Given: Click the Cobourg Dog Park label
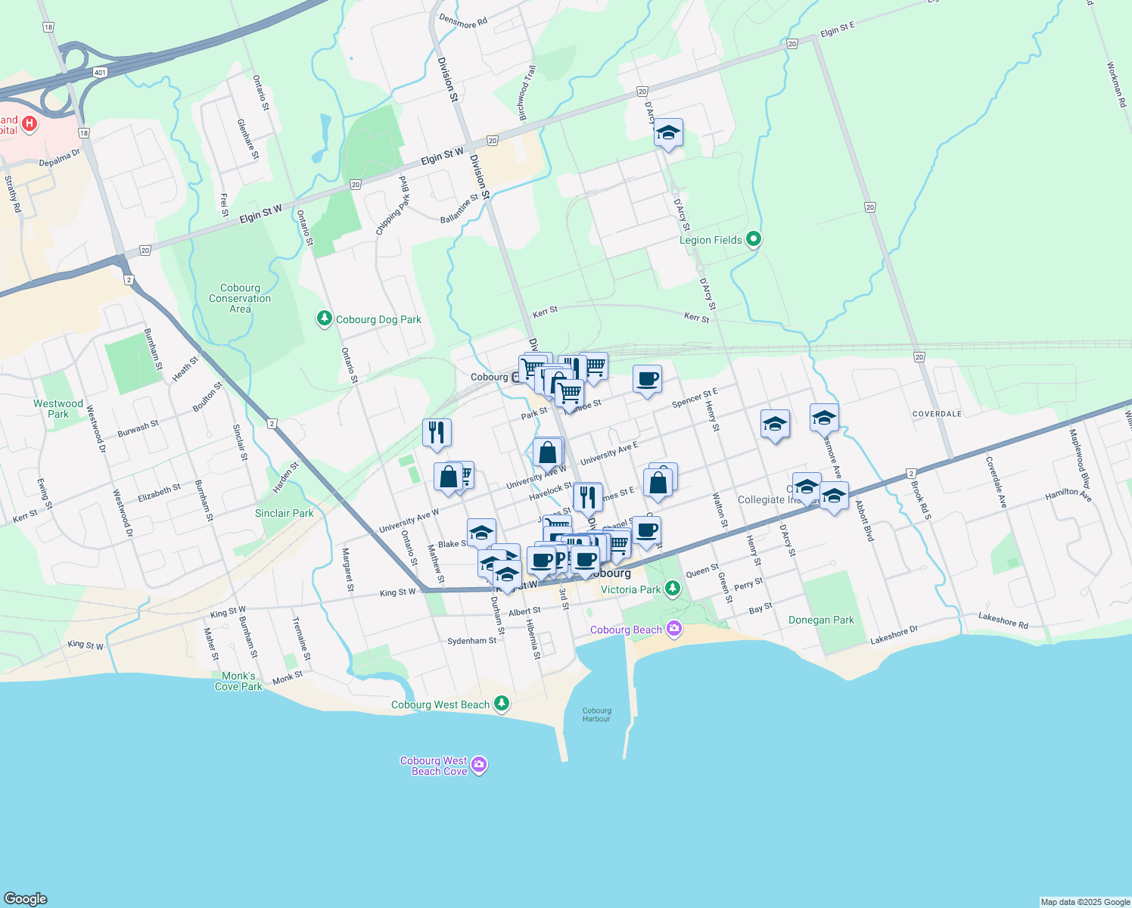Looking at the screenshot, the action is tap(378, 320).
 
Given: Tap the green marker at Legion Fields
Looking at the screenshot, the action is tap(753, 240).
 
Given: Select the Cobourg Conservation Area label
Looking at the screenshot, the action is tap(240, 299).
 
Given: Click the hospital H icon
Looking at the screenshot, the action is tap(30, 124).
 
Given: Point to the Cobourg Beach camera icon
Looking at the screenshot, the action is tap(674, 630).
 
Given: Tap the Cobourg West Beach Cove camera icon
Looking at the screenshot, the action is tap(479, 766).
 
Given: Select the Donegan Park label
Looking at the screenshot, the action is tap(821, 620).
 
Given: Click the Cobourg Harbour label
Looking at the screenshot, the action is tap(596, 715).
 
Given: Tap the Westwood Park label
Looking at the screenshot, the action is tap(58, 409).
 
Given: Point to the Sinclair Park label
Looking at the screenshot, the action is tap(284, 513).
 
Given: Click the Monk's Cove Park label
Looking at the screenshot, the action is tap(238, 682).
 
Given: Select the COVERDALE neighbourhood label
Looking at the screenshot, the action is tap(937, 414).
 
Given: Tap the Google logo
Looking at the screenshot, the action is tap(25, 899).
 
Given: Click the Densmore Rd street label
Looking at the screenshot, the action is tap(463, 22).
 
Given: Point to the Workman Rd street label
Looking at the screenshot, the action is tap(1116, 84).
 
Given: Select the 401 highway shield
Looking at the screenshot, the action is tap(101, 73).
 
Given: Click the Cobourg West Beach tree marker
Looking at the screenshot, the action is tap(502, 704).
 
